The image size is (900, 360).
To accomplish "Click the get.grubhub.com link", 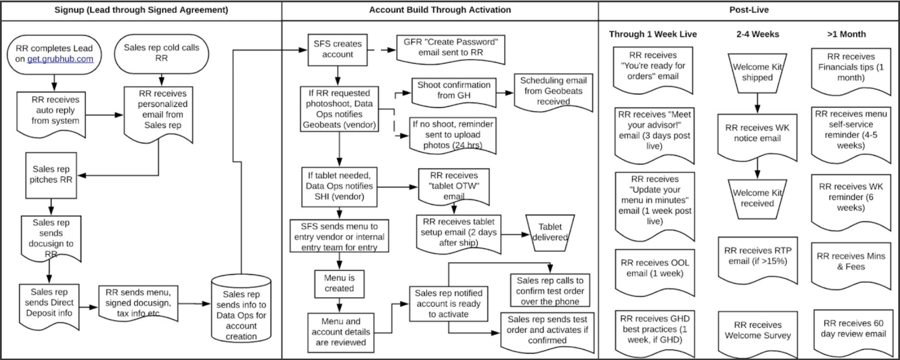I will (60, 59).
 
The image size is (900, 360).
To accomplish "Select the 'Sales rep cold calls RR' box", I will (161, 53).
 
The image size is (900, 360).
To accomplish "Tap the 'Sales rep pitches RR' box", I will (51, 175).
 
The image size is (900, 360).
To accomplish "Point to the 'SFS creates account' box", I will (337, 50).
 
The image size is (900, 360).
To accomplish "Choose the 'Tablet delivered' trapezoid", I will (550, 232).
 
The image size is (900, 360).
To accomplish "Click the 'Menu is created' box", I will (339, 283).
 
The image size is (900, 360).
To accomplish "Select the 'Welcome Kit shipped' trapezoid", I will (757, 73).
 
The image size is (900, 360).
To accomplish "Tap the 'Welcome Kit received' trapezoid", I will (757, 198).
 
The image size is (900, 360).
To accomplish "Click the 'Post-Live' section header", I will (749, 10).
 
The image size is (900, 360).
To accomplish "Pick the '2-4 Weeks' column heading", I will (758, 34).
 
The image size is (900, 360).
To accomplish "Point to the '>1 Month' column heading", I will (846, 34).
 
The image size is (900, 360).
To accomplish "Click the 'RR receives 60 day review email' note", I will (853, 329).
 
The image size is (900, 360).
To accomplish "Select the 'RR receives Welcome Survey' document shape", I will (758, 331).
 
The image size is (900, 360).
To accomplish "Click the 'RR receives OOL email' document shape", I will (655, 268).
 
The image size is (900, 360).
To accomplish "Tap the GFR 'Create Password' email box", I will (450, 47).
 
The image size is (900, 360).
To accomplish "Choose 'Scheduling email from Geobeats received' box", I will (553, 91).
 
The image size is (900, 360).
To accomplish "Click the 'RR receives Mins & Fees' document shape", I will (850, 262).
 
